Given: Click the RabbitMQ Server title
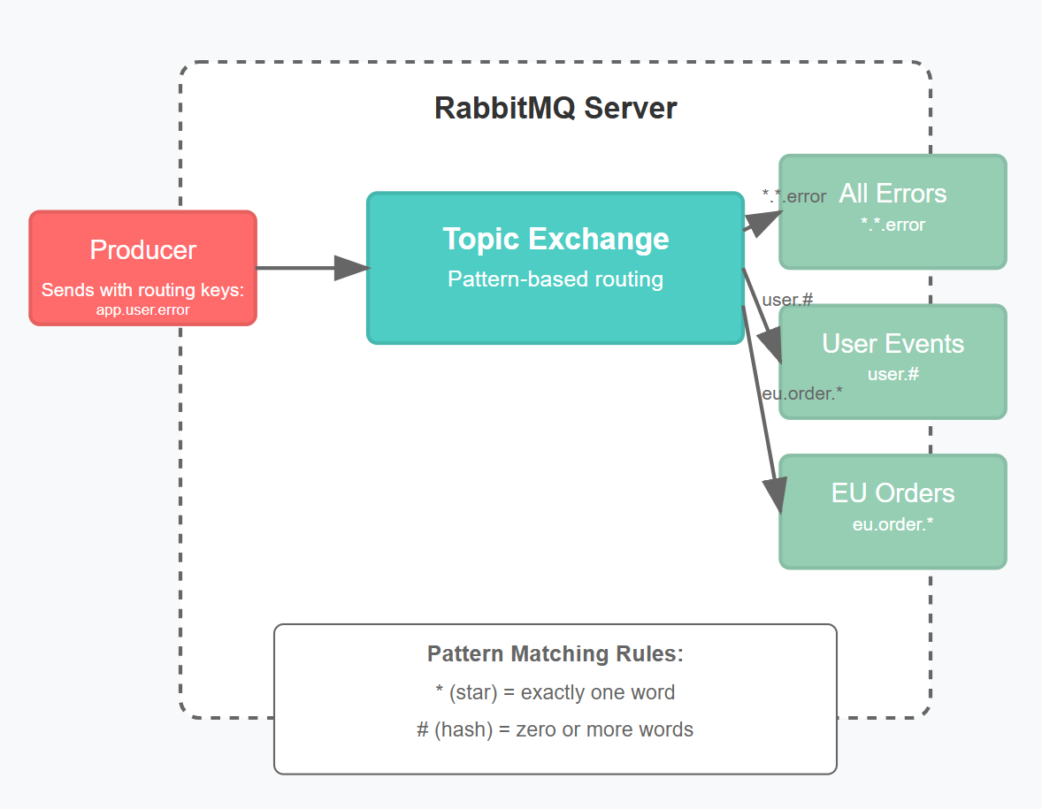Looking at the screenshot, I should [555, 108].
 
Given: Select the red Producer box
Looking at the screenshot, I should [142, 267].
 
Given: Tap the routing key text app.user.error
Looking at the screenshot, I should [142, 310].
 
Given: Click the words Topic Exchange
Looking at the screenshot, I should [555, 239].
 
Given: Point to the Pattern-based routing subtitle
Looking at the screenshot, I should [555, 279].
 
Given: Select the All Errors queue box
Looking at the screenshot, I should [893, 210].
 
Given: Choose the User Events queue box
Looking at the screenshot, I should [893, 361].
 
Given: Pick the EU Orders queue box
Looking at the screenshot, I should [893, 511].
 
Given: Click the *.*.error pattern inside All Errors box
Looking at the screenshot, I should [893, 225].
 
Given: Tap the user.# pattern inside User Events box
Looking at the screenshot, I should [893, 374].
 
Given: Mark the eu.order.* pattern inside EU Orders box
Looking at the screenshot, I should [893, 524].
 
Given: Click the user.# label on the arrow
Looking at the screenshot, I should [786, 300].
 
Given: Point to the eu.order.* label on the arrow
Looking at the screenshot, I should [801, 393].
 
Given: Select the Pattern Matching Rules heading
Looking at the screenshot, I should [555, 654].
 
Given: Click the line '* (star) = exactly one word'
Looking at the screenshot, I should [555, 692].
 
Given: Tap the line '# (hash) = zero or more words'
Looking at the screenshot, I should [555, 729].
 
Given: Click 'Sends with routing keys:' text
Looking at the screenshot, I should [142, 290].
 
